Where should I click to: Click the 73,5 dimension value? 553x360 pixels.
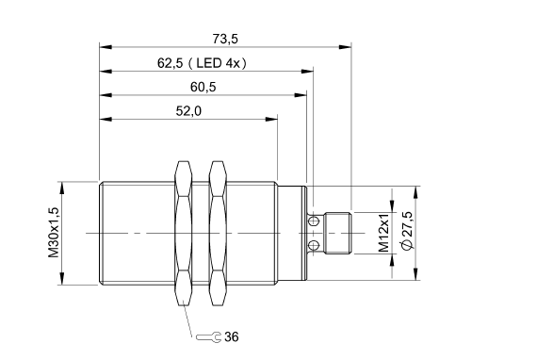point(225,39)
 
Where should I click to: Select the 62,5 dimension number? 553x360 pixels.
point(170,63)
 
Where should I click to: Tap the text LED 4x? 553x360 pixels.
point(218,63)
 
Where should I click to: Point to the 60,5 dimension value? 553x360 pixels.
point(203,87)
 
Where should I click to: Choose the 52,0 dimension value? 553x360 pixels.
point(188,111)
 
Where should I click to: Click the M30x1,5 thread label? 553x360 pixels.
point(54,233)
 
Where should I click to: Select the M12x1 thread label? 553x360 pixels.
point(383,232)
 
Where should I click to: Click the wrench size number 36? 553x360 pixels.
point(232,336)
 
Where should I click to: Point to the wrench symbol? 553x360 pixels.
point(209,337)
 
